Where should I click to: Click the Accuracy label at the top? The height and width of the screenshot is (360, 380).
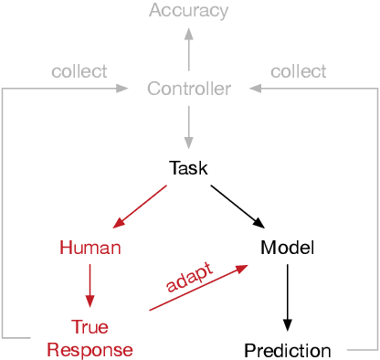click(188, 11)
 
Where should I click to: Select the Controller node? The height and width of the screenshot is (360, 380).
click(188, 89)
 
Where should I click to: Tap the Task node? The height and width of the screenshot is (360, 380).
click(188, 168)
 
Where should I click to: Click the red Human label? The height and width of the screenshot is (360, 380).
click(90, 248)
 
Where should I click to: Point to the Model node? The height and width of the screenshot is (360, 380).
click(287, 248)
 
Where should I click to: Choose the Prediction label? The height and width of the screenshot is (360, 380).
click(287, 350)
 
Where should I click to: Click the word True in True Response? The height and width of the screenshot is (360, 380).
click(90, 326)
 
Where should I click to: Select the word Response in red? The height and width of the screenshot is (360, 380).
click(90, 350)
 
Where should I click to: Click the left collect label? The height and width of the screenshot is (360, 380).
click(79, 71)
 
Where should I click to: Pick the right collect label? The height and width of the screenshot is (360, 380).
click(298, 71)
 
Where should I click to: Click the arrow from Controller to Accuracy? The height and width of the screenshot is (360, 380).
click(188, 49)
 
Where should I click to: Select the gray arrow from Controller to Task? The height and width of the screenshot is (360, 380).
click(188, 128)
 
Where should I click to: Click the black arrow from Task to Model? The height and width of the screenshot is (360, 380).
click(237, 207)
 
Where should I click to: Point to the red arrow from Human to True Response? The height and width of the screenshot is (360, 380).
click(90, 286)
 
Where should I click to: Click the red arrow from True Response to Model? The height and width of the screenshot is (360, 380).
click(198, 288)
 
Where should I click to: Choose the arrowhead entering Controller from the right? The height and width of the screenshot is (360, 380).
click(255, 89)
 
